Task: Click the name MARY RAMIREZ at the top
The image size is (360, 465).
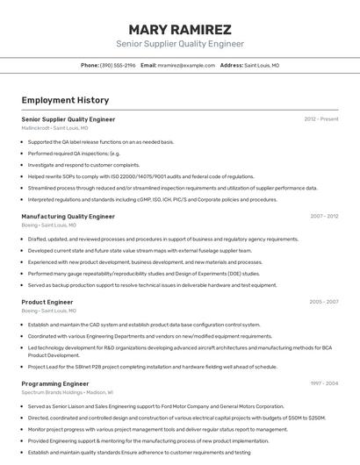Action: pos(180,29)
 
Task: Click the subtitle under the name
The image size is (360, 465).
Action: pos(180,44)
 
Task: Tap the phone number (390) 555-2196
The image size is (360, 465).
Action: pos(118,65)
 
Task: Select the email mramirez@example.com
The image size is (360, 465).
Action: pos(186,65)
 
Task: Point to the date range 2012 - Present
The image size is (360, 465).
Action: pos(321,118)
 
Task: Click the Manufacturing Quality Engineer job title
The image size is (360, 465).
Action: pos(68,216)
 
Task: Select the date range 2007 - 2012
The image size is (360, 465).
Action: pos(323,216)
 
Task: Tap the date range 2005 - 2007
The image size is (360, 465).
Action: pos(323,302)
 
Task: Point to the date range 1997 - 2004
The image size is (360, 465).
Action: pos(323,383)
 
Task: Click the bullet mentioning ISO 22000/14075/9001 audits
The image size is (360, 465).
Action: pos(140,175)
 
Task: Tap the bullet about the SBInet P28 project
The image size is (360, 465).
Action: pos(152,367)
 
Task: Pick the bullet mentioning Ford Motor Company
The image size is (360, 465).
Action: pos(155,406)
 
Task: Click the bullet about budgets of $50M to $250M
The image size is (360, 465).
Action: pos(176,418)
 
